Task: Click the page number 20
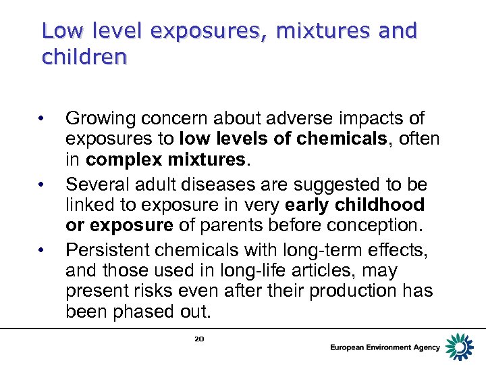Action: click(199, 338)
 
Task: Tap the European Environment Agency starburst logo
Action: click(460, 347)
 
